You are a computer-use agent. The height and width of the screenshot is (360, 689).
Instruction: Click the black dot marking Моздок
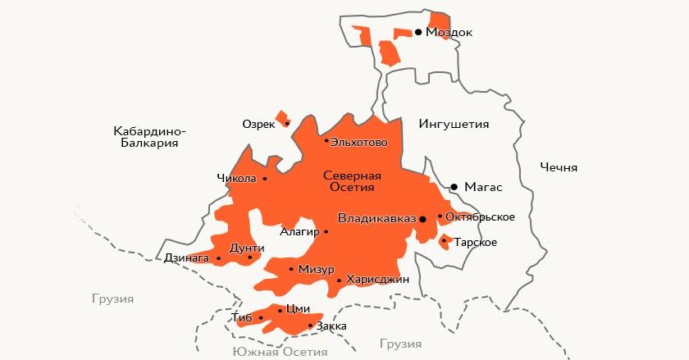click(418, 32)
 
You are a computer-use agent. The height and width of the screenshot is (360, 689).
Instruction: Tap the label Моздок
click(449, 32)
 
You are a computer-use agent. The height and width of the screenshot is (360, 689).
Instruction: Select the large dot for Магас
click(454, 187)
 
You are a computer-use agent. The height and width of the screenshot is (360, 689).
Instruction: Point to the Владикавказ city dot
click(422, 219)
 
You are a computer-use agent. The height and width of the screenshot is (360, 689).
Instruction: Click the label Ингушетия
click(454, 125)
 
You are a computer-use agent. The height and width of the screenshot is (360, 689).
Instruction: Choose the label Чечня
click(559, 167)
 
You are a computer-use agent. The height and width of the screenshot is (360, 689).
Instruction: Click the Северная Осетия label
click(352, 181)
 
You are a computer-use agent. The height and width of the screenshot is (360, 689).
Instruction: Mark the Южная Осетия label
click(280, 351)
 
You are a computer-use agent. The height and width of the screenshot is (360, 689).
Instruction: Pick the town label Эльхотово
click(360, 141)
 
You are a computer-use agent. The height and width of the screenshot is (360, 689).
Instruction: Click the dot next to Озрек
click(287, 124)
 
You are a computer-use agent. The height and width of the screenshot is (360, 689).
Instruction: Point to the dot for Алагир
click(326, 231)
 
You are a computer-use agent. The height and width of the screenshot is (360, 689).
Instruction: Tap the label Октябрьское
click(481, 216)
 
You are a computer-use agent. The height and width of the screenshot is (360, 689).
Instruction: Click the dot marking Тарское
click(444, 241)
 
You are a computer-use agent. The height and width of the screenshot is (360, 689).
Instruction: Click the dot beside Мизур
click(291, 269)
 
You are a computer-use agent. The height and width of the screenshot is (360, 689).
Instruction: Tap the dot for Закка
click(309, 326)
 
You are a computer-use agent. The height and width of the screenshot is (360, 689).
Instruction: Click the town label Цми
click(299, 309)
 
